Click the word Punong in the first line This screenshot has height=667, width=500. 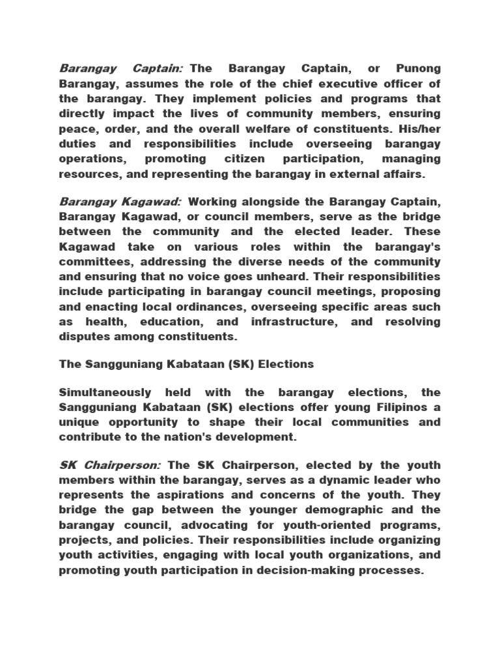click(418, 68)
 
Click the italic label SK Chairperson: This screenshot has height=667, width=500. click(111, 465)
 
